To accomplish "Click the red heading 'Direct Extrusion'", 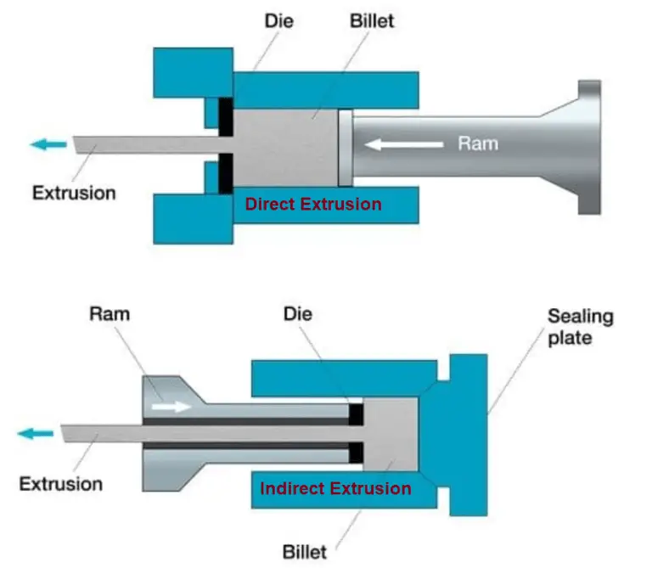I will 313,204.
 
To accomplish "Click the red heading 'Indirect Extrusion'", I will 335,488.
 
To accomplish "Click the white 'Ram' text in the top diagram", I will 478,143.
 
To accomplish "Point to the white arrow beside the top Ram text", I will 404,144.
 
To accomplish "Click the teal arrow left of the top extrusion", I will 48,144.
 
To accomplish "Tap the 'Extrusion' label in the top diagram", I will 74,192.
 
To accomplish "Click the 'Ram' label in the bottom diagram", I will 110,313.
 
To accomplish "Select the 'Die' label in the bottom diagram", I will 298,313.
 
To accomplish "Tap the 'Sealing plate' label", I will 580,328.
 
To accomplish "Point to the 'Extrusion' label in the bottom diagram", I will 61,485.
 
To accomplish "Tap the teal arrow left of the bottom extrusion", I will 34,433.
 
